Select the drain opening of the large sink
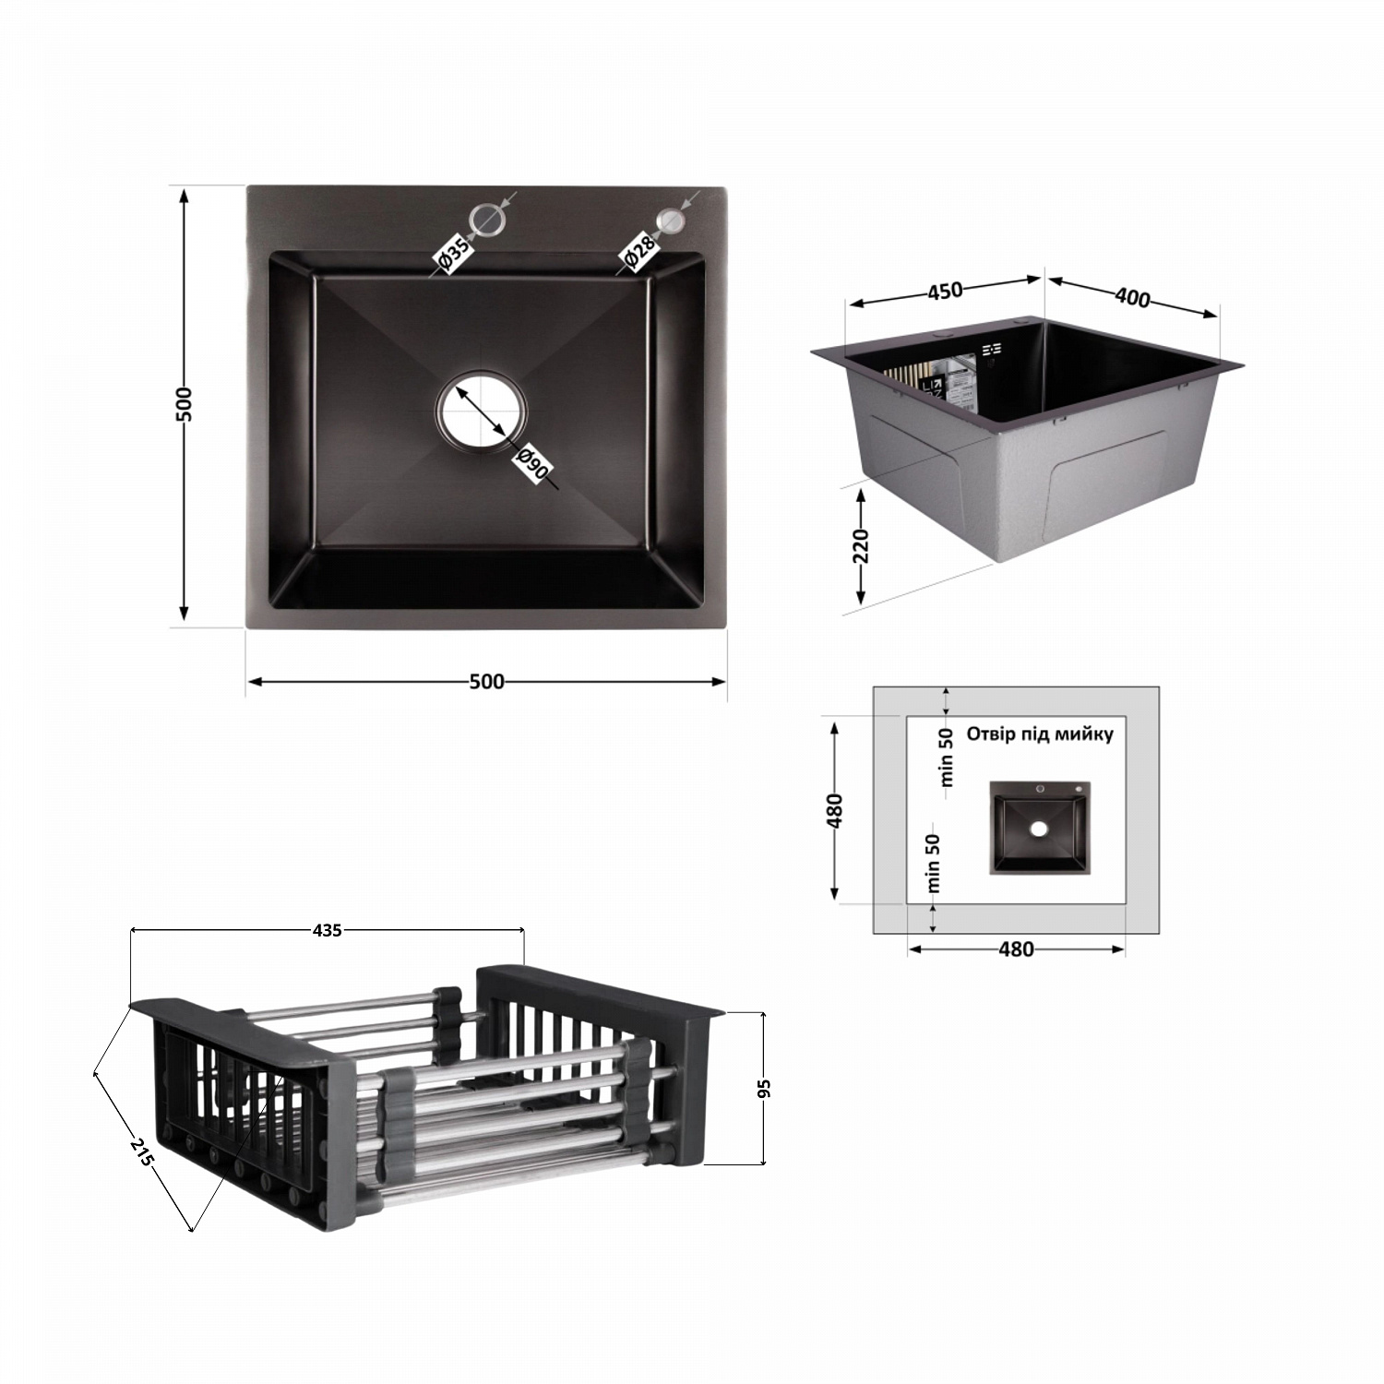coord(481,411)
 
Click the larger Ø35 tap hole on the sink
coord(487,219)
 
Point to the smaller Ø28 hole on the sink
coord(670,220)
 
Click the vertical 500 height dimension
coord(185,404)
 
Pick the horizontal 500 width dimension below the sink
coord(486,682)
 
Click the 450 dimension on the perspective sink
coord(945,290)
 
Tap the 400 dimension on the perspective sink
coord(1132,297)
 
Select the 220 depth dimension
coord(861,546)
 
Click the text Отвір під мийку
coord(1040,734)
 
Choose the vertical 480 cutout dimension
coord(835,810)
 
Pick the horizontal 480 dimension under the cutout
coord(1016,949)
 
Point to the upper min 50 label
coord(946,758)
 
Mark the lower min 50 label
coord(934,864)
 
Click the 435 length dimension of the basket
coord(328,930)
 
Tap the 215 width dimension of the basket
coord(141,1152)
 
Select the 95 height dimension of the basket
coord(763,1089)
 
